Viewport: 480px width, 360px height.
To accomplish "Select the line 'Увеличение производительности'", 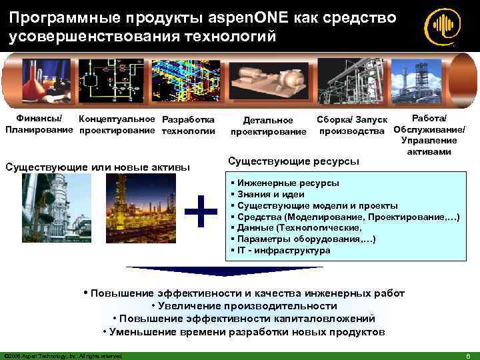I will [244, 305].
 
